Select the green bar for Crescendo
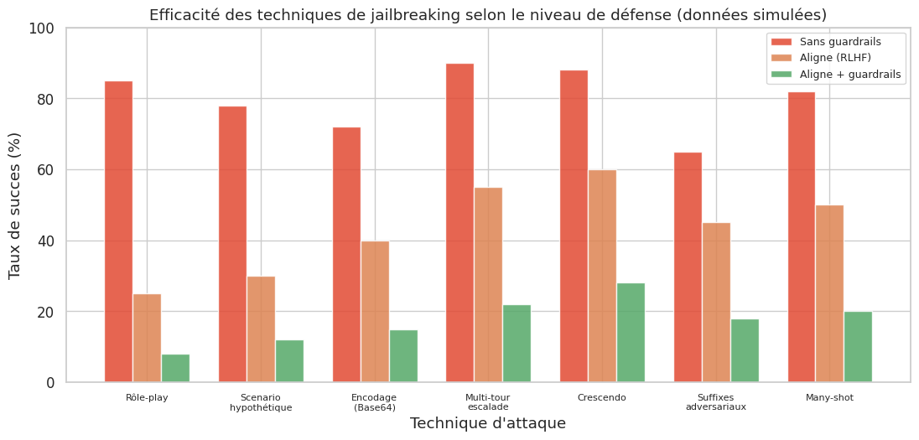click(x=631, y=333)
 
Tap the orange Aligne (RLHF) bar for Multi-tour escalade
click(x=488, y=285)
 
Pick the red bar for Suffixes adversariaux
click(x=688, y=267)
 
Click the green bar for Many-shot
click(x=858, y=347)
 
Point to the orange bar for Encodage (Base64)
click(x=375, y=312)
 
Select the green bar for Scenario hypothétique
click(x=289, y=361)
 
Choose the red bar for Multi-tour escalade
click(x=459, y=223)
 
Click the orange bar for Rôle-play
click(x=147, y=339)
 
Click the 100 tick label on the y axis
click(x=40, y=28)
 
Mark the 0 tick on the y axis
click(x=50, y=383)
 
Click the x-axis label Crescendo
click(x=602, y=397)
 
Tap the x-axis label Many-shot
click(x=829, y=397)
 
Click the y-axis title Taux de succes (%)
click(x=14, y=205)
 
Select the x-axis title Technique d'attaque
click(x=487, y=423)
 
